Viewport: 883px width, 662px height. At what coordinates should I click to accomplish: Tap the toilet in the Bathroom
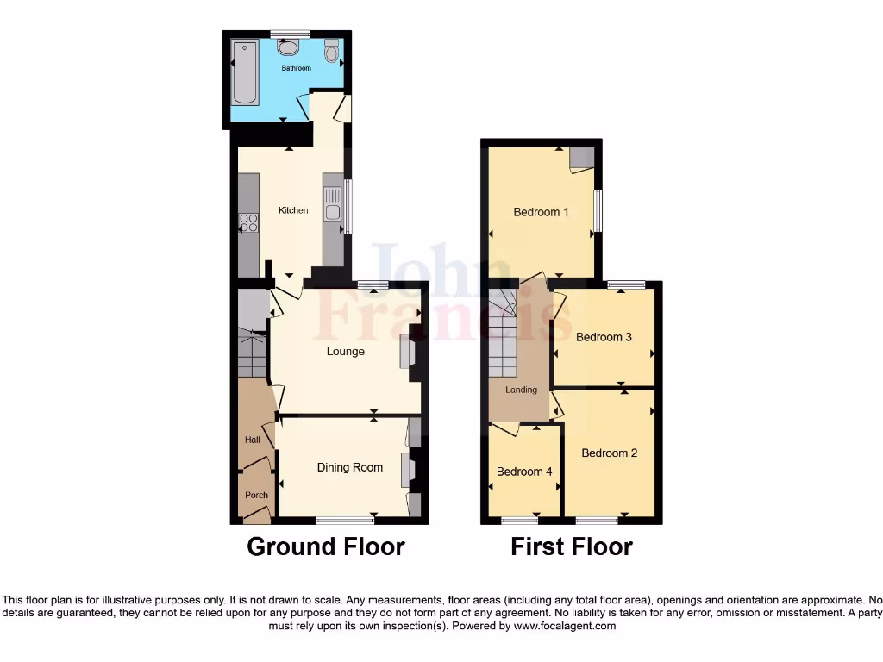pos(332,52)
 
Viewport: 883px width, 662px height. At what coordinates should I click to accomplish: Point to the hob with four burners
pos(248,222)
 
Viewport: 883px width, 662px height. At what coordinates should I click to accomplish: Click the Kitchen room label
pos(293,210)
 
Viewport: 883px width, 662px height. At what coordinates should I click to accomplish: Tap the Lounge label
pos(345,352)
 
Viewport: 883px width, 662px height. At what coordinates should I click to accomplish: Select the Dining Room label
pos(349,467)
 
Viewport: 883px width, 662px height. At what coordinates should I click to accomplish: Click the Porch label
pos(256,495)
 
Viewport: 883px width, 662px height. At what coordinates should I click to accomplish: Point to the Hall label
pos(252,440)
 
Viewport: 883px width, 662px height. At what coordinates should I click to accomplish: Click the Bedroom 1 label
pos(541,212)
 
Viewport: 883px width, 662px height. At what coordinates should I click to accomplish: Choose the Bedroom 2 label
pos(609,453)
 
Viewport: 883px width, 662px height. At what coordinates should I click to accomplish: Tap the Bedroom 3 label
pos(604,337)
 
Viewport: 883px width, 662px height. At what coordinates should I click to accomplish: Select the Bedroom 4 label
pos(524,472)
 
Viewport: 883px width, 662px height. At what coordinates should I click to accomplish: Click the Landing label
pos(521,390)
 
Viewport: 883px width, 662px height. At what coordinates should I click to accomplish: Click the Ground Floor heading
pos(325,546)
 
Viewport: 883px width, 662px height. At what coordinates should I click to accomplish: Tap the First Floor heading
pos(571,546)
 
